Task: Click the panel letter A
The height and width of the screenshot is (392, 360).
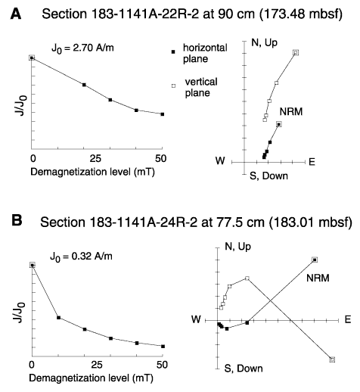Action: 16,14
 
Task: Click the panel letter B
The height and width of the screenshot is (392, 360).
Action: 17,221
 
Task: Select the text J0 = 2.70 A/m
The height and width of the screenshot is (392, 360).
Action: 82,48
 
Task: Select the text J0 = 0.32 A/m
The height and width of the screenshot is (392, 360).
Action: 81,257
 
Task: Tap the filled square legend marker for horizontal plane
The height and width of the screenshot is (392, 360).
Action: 173,51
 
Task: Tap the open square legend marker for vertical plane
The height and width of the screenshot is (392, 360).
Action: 173,86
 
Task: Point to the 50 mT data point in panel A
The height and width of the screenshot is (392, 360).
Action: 163,114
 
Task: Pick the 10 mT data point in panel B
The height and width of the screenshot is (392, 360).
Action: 58,318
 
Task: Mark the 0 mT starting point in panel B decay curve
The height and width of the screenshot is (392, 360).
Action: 32,265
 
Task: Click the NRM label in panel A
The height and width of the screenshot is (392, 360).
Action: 291,111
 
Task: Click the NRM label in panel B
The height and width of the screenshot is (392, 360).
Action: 318,278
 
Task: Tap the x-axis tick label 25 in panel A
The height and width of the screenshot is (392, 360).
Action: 95,158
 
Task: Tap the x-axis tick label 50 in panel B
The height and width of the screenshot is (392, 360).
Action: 162,365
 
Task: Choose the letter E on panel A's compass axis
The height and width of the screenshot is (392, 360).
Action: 312,162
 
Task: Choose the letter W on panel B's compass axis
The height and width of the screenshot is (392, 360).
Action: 196,319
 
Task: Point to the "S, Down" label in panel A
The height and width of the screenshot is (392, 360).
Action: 268,176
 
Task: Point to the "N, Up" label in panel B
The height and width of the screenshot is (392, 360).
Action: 237,247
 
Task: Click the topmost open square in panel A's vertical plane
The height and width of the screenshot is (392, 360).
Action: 296,53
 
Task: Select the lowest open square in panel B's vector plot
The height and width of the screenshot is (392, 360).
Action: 332,359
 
